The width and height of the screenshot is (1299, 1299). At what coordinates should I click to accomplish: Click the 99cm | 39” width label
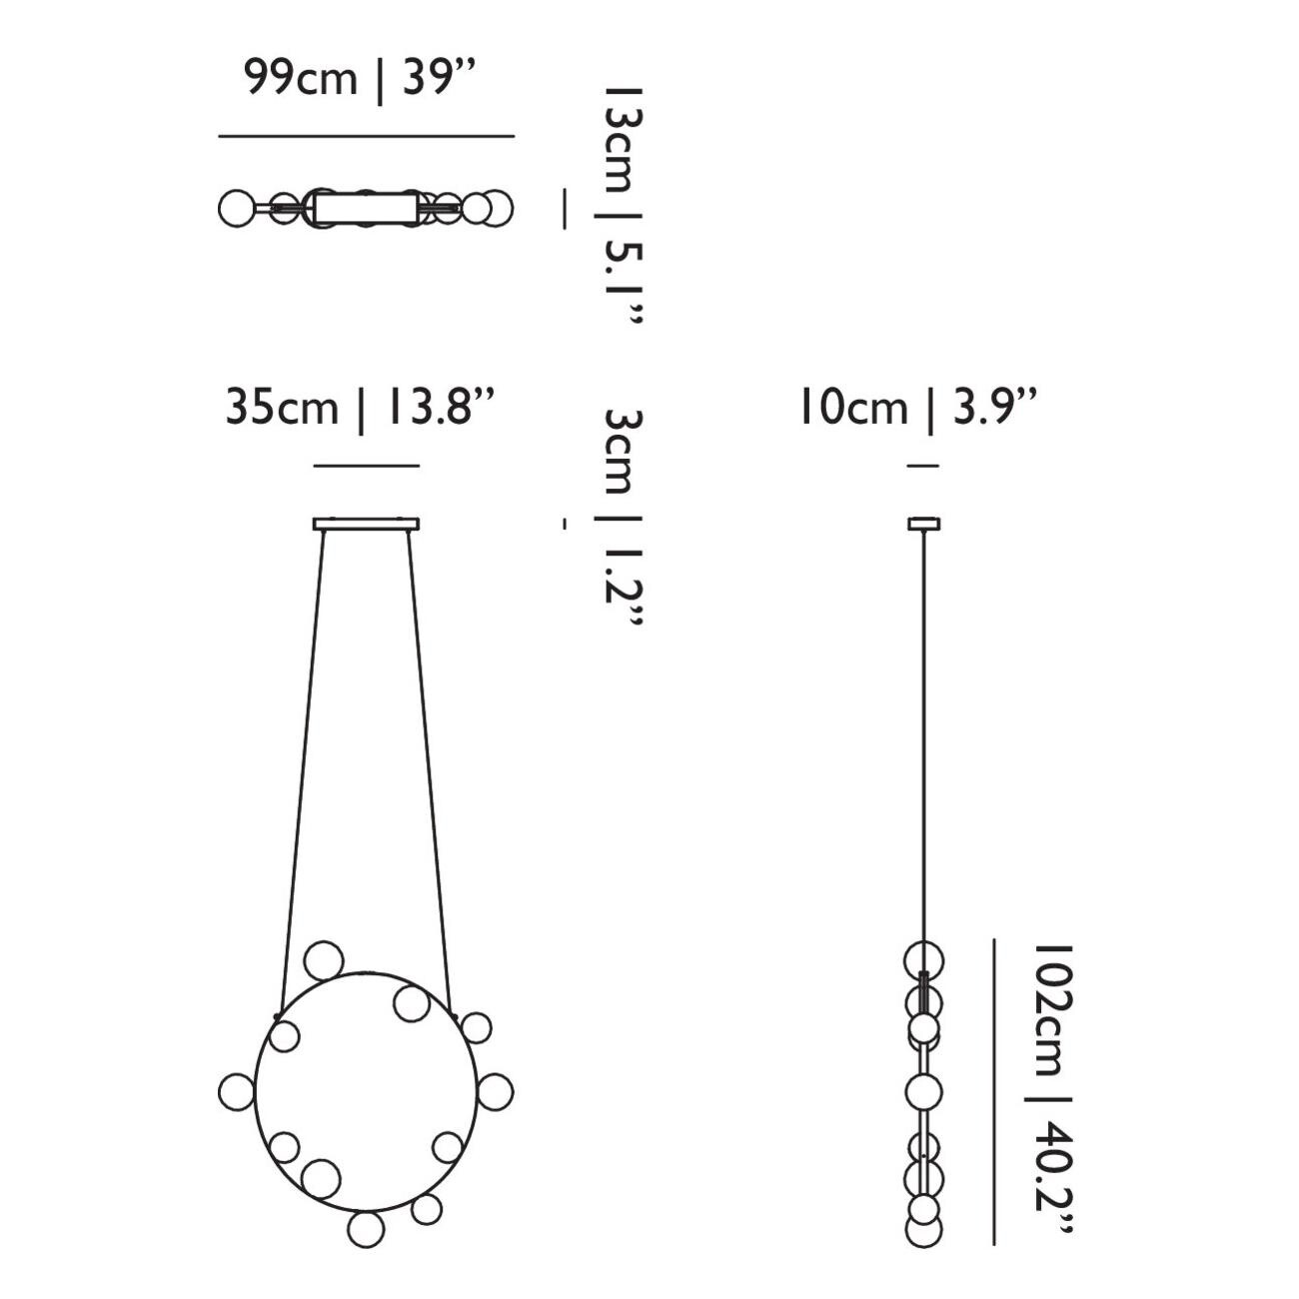tap(357, 79)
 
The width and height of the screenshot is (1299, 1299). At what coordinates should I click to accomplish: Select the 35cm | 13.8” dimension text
tap(360, 408)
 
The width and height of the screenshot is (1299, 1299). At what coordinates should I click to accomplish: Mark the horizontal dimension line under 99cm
tap(366, 136)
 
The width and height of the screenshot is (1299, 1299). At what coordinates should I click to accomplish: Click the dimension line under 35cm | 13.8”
tap(366, 466)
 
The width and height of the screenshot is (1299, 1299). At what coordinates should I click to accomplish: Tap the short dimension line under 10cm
tap(923, 466)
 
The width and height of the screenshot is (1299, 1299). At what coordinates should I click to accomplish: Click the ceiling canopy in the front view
tap(366, 524)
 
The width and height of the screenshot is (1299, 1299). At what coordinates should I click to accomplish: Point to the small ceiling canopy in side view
tap(923, 524)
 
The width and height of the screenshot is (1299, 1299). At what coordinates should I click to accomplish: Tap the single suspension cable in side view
tap(923, 729)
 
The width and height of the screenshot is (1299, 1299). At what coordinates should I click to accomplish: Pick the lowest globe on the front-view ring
tap(366, 1229)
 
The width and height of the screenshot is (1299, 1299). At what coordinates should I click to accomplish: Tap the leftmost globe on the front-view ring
tap(237, 1091)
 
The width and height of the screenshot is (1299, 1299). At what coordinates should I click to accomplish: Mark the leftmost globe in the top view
tap(236, 209)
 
